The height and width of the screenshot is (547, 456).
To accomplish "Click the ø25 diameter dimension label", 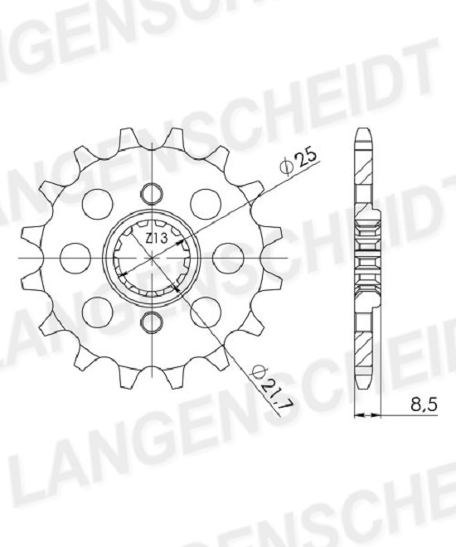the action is pos(299,161).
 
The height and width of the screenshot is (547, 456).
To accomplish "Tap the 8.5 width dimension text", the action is pos(424,405).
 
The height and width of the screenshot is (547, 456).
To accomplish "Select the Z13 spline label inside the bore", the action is pos(157,239).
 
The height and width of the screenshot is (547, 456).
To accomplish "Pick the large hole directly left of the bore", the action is pos(75,258).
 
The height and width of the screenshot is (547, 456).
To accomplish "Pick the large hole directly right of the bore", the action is pos(227,258).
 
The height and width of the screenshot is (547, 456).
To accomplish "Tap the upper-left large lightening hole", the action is pos(97,204).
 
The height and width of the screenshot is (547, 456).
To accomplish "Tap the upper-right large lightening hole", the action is pos(206,204).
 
